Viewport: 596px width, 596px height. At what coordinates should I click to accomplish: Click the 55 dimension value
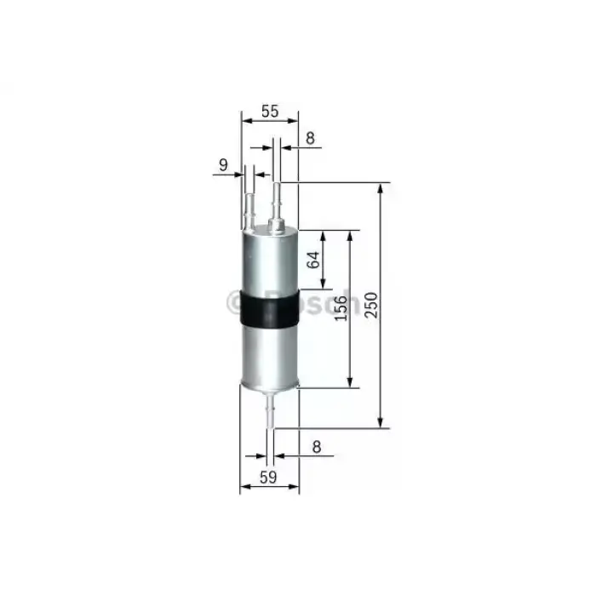coord(270,110)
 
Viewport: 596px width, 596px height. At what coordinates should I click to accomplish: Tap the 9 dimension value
coord(223,166)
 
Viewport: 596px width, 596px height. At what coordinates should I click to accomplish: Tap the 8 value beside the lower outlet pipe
coord(316,444)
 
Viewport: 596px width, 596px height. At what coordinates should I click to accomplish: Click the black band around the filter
coord(270,310)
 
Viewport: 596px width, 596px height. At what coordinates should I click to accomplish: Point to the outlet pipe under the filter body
coord(271,413)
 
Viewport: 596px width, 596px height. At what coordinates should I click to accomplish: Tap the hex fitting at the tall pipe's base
coord(277,225)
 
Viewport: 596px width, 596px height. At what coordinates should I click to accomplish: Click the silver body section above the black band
coord(270,260)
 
